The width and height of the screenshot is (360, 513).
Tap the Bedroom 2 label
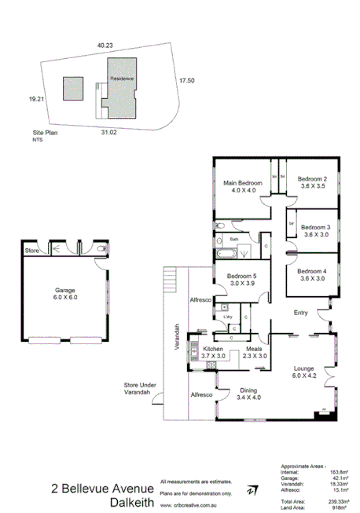pyautogui.click(x=313, y=178)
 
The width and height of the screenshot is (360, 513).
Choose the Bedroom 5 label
pyautogui.click(x=242, y=276)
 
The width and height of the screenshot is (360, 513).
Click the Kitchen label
pyautogui.click(x=214, y=348)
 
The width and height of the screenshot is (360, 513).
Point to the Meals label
pyautogui.click(x=253, y=348)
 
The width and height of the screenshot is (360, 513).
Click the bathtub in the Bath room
pyautogui.click(x=225, y=254)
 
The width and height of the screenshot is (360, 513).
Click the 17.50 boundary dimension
pyautogui.click(x=186, y=80)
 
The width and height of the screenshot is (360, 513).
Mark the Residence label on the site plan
pyautogui.click(x=121, y=79)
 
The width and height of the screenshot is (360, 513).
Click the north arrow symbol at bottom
pyautogui.click(x=251, y=489)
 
